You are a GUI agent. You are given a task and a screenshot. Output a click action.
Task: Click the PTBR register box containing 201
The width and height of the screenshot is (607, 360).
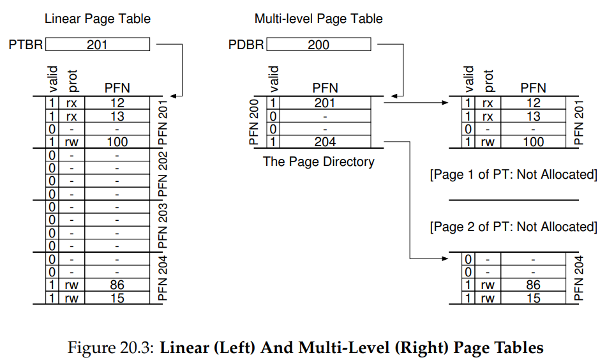[x=98, y=44]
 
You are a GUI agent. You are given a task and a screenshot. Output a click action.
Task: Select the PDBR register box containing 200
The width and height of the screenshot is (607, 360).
[x=318, y=44]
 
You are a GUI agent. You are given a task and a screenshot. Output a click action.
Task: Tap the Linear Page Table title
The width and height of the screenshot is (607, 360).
[x=98, y=19]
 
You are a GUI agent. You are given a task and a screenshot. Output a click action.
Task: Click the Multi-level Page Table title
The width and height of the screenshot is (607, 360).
[x=318, y=19]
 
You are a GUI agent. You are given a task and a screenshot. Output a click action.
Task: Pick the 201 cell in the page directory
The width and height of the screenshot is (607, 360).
[x=325, y=103]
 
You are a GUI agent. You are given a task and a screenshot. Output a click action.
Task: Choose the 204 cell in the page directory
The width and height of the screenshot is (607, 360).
[x=325, y=142]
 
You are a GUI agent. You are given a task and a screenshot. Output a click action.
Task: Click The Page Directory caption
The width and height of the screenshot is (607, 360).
[x=318, y=161]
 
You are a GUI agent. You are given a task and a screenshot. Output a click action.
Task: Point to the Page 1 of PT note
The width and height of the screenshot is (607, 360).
[x=513, y=175]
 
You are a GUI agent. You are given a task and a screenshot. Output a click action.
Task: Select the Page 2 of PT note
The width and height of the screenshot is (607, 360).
[x=513, y=227]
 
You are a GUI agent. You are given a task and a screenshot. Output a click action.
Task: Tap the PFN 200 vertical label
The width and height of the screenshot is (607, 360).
[x=253, y=122]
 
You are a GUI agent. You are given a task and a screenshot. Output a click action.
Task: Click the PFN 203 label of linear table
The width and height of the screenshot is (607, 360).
[x=163, y=226]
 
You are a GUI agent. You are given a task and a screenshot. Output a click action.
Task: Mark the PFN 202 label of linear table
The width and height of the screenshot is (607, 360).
[x=163, y=174]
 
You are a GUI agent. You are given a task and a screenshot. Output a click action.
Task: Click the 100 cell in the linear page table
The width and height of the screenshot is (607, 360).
[x=117, y=142]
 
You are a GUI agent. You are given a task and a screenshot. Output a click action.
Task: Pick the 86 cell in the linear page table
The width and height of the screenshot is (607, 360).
[x=117, y=285]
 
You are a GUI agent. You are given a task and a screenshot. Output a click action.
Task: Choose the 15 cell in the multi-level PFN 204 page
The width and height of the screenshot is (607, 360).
[x=533, y=298]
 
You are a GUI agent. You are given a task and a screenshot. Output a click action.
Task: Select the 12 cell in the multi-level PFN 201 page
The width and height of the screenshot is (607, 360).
[x=533, y=103]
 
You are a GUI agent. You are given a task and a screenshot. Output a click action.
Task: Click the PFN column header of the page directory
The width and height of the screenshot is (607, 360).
[x=325, y=88]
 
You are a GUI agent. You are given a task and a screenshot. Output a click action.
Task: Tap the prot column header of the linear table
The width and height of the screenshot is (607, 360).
[x=72, y=81]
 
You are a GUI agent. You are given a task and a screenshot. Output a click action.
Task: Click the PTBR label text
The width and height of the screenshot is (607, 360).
[x=26, y=45]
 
